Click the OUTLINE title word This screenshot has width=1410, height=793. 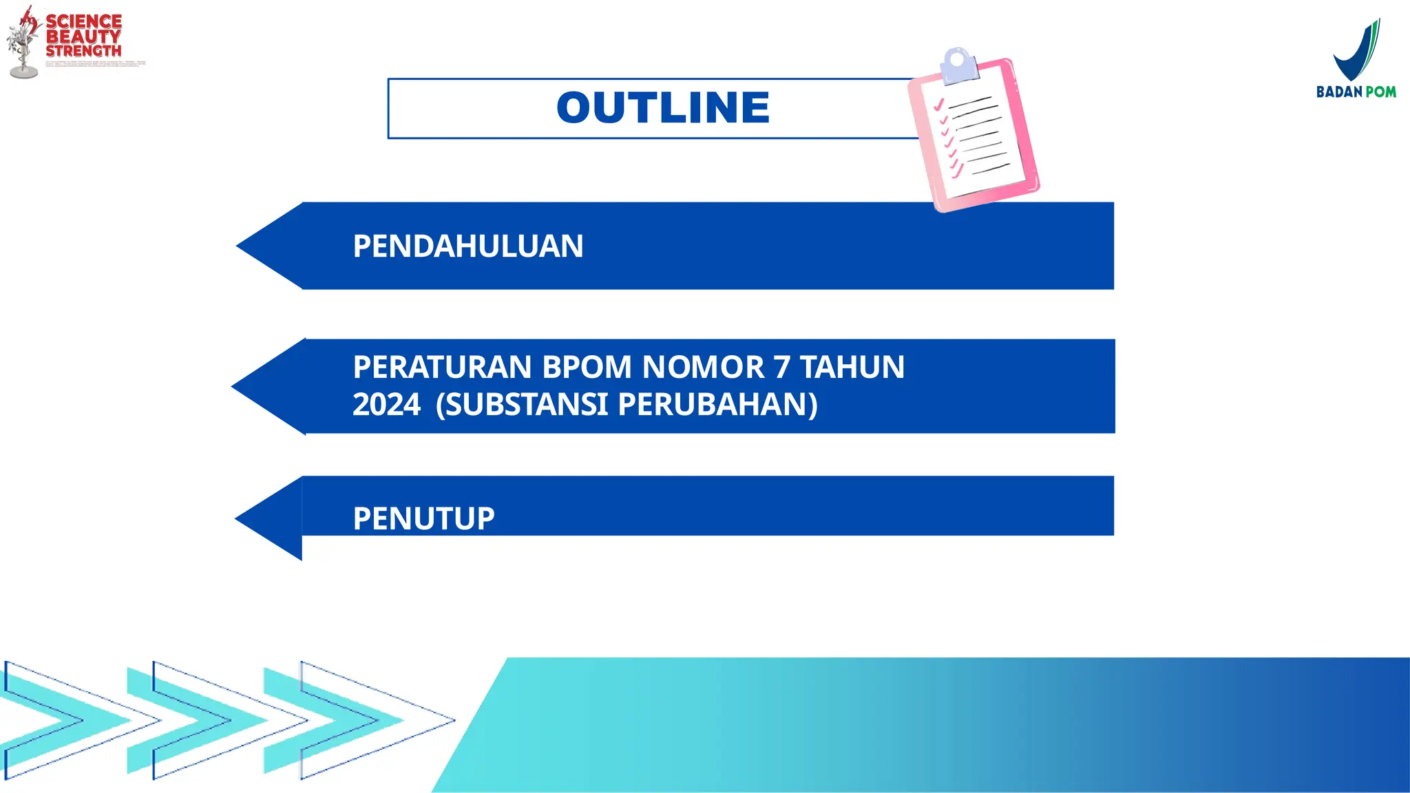pos(662,108)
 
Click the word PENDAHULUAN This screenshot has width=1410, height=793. pos(467,246)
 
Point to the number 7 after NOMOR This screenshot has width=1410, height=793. pos(781,367)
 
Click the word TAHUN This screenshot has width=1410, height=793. pos(852,367)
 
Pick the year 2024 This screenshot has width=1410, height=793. pos(386,404)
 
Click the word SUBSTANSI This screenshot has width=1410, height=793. pos(525,404)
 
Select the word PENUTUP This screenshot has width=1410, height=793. pos(423,518)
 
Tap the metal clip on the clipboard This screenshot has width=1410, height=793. pos(958,65)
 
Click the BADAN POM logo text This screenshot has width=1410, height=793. pos(1356,92)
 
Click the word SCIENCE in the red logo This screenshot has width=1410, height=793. pos(83,21)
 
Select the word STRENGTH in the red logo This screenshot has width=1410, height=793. pos(83,51)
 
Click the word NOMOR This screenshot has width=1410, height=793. pos(703,367)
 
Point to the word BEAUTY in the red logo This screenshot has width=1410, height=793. pos(83,36)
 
